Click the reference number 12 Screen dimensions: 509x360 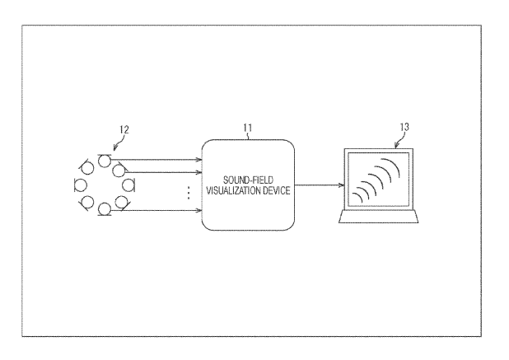point(124,129)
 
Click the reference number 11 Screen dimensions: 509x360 point(248,128)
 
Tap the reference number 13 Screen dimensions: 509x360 point(404,127)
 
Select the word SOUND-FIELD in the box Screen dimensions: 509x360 point(248,180)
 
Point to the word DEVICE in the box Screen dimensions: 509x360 point(276,190)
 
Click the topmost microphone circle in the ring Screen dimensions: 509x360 point(105,161)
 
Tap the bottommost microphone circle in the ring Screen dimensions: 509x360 point(105,209)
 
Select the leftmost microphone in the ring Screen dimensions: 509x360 point(80,185)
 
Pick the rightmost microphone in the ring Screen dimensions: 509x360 point(128,185)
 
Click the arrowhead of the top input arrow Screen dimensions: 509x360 point(198,159)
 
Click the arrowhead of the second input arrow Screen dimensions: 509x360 point(198,172)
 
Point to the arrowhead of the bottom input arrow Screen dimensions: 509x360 point(198,210)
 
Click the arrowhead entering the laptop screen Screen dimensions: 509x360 point(341,185)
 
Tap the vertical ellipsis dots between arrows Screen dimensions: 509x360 point(189,193)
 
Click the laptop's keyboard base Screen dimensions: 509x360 point(379,217)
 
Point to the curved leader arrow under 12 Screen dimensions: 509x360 point(118,143)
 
